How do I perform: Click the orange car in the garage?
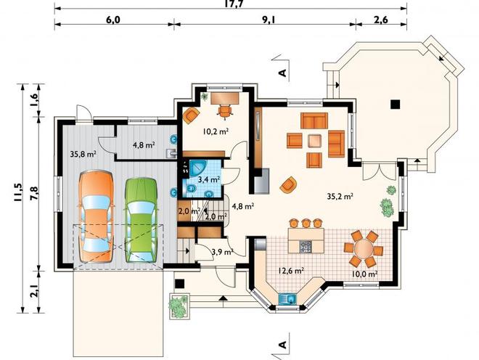pos(97,216)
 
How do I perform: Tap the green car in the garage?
pos(141,220)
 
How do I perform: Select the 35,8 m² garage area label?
pos(83,154)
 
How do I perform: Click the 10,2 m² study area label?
pos(216,131)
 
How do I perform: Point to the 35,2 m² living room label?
pos(340,196)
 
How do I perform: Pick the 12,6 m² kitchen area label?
pos(290,271)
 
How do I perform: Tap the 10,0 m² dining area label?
pos(364,274)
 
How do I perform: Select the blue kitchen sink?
pos(288,298)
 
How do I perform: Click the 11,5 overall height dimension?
pos(17,192)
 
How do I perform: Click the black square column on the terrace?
pos(396,105)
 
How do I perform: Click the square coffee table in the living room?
pos(315,141)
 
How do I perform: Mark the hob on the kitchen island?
pos(306,246)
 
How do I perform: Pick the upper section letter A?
pos(283,73)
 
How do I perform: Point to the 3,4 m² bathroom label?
pos(209,179)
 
